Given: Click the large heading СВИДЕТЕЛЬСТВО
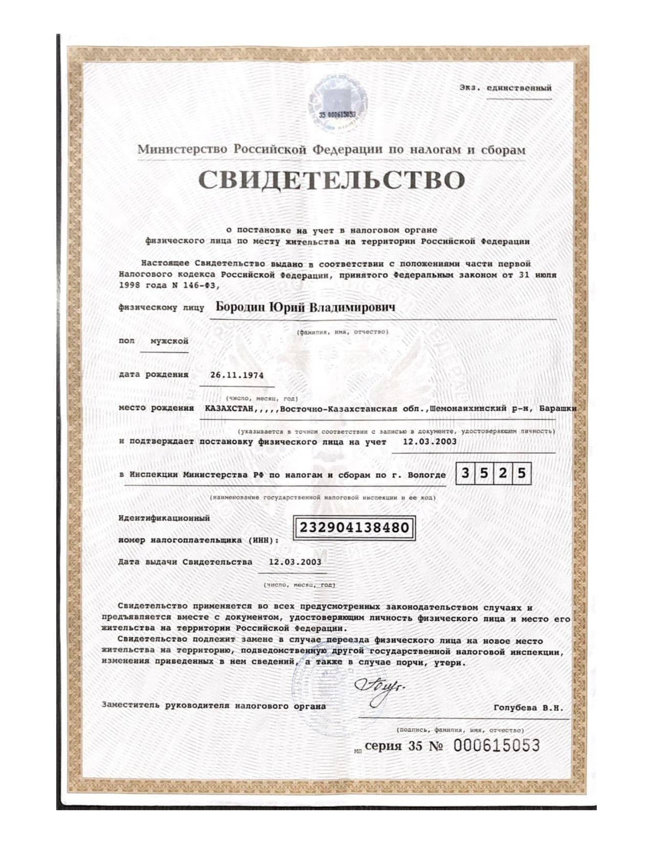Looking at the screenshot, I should (x=331, y=180).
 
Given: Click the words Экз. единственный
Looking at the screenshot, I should (x=505, y=88).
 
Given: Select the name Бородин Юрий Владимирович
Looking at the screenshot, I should (x=305, y=307).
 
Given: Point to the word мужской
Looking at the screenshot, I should (x=169, y=341).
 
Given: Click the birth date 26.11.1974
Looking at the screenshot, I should (x=237, y=375).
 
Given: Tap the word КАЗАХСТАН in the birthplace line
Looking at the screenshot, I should (x=227, y=409).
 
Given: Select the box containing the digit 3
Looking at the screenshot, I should (x=465, y=474).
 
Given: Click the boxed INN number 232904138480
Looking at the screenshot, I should (x=354, y=527).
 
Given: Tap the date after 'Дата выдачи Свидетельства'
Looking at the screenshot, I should (x=295, y=562).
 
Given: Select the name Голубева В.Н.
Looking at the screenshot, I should (x=528, y=708).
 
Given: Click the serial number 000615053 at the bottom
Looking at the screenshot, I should (x=496, y=746).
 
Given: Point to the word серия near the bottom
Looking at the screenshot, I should (x=384, y=746).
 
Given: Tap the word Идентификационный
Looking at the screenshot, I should (x=164, y=518).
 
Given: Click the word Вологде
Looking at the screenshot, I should (x=426, y=475).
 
